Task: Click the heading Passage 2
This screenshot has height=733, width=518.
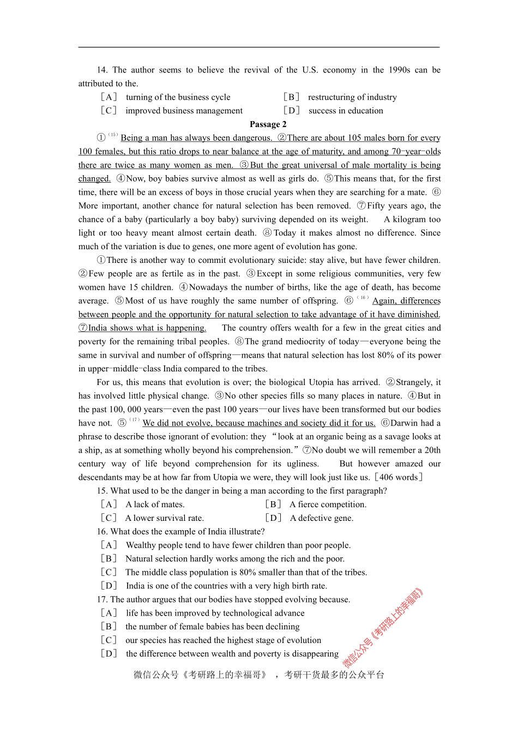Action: coord(268,124)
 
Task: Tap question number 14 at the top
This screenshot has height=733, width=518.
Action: coord(102,70)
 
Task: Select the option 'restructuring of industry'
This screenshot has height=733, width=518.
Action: coord(352,97)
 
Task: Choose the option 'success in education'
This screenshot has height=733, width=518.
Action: coord(345,111)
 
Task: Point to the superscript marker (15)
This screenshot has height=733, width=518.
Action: coord(113,135)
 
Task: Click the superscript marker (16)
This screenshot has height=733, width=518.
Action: coord(363,298)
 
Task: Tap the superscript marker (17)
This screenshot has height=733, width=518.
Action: coord(134,420)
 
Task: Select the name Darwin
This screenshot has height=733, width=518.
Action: coord(405,423)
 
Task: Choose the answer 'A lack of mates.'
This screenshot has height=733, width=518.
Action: coord(155,504)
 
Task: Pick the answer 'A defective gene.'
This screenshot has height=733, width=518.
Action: coord(321,518)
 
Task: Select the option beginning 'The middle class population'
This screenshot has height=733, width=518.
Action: coord(245,572)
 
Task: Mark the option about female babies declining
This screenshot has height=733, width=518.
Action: coord(212,627)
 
